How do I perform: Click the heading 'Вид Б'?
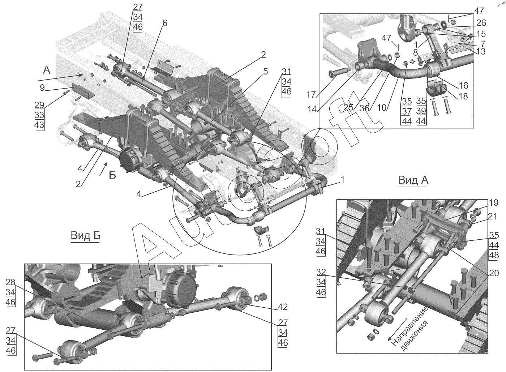click(85, 236)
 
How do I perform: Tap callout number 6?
click(164, 23)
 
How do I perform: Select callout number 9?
click(42, 87)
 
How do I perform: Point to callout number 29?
click(39, 105)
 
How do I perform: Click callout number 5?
click(265, 71)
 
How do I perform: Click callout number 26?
click(481, 23)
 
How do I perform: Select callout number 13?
click(481, 51)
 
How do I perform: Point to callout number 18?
click(463, 96)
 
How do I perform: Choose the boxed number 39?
click(421, 111)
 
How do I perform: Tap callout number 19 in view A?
click(494, 202)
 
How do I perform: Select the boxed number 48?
click(494, 255)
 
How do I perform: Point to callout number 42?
click(283, 307)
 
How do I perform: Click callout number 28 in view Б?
click(11, 282)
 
